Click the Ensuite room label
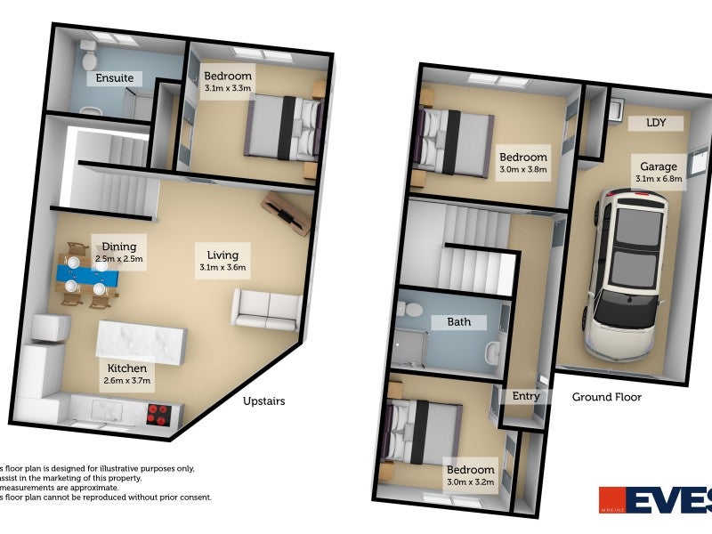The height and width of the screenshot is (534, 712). coord(115,78)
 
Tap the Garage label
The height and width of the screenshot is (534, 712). coord(659,172)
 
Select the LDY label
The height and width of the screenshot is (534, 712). coord(656,123)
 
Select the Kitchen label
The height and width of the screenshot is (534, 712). coord(128,374)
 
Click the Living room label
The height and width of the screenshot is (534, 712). coord(222,260)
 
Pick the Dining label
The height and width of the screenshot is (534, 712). coord(118,253)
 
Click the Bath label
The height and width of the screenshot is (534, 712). coord(459,321)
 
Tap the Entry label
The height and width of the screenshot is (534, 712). coord(526,396)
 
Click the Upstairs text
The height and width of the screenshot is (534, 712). coord(264,401)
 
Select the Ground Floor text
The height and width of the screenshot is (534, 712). coord(606,397)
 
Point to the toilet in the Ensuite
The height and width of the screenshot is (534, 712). coord(89,56)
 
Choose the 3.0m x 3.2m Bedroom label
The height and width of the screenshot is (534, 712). coord(471,476)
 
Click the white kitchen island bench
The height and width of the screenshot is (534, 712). coord(142,341)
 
